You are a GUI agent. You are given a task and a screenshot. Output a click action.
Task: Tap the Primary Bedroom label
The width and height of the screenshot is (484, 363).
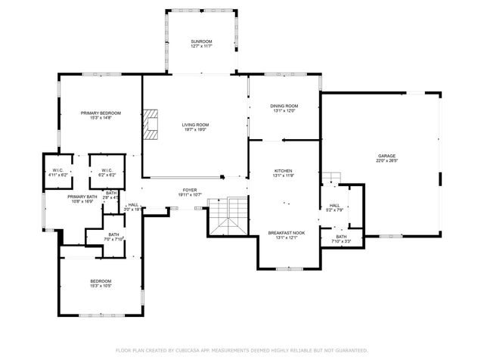[x=101, y=113]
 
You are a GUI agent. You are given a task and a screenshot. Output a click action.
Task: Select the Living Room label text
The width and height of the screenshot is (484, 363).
[x=194, y=125]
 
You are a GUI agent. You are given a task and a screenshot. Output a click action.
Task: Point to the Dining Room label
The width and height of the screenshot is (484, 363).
[x=284, y=105]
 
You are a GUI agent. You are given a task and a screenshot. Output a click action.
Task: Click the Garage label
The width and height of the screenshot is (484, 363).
[x=386, y=156]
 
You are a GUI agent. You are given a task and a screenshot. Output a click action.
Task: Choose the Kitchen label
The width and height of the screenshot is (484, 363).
[x=284, y=171]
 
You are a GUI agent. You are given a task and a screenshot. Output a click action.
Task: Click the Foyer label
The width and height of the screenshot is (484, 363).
[x=190, y=190]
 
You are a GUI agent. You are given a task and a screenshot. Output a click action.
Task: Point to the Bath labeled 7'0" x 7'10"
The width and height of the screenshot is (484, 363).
[x=113, y=235]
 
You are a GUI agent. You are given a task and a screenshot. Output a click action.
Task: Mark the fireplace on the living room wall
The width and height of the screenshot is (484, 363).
[x=152, y=125]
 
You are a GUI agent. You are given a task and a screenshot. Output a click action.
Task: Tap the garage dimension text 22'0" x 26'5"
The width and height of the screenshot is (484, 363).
[x=386, y=161]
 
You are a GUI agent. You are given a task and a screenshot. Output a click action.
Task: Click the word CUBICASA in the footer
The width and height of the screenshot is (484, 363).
[x=185, y=350]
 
